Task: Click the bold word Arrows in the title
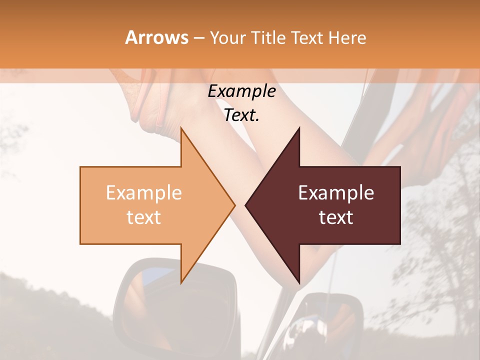[156, 37]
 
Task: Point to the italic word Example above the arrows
[241, 91]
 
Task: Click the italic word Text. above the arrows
[241, 115]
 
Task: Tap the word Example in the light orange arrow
[143, 192]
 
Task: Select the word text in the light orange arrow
[143, 217]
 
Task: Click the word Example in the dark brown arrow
[336, 192]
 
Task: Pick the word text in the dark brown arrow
[336, 217]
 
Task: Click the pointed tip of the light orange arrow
[234, 205]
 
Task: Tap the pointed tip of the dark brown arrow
[245, 205]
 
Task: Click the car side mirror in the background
[174, 300]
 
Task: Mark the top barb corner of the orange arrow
[181, 128]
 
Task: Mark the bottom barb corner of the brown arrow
[299, 283]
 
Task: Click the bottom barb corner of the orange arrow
[181, 283]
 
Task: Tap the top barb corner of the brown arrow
[299, 128]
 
